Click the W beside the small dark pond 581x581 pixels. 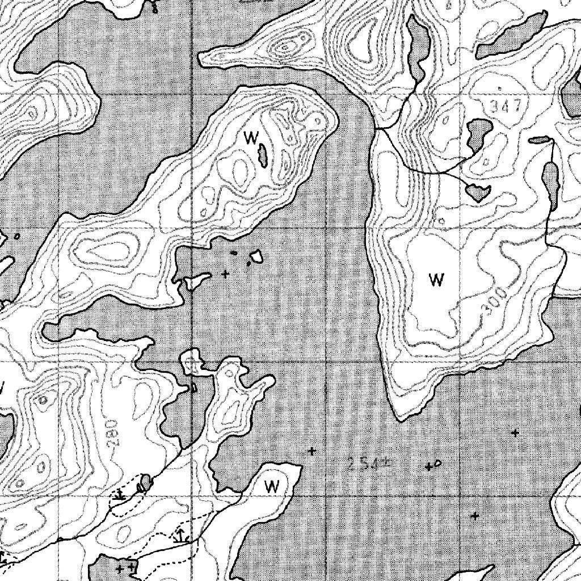coord(250,137)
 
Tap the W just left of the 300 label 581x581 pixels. coord(436,279)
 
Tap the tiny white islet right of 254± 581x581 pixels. coord(437,464)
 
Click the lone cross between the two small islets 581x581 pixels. coord(226,274)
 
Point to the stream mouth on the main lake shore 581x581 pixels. coord(375,130)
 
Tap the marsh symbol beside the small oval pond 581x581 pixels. coord(119,495)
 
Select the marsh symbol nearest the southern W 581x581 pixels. coord(180,534)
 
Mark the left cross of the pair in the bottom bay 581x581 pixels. coord(120,568)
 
